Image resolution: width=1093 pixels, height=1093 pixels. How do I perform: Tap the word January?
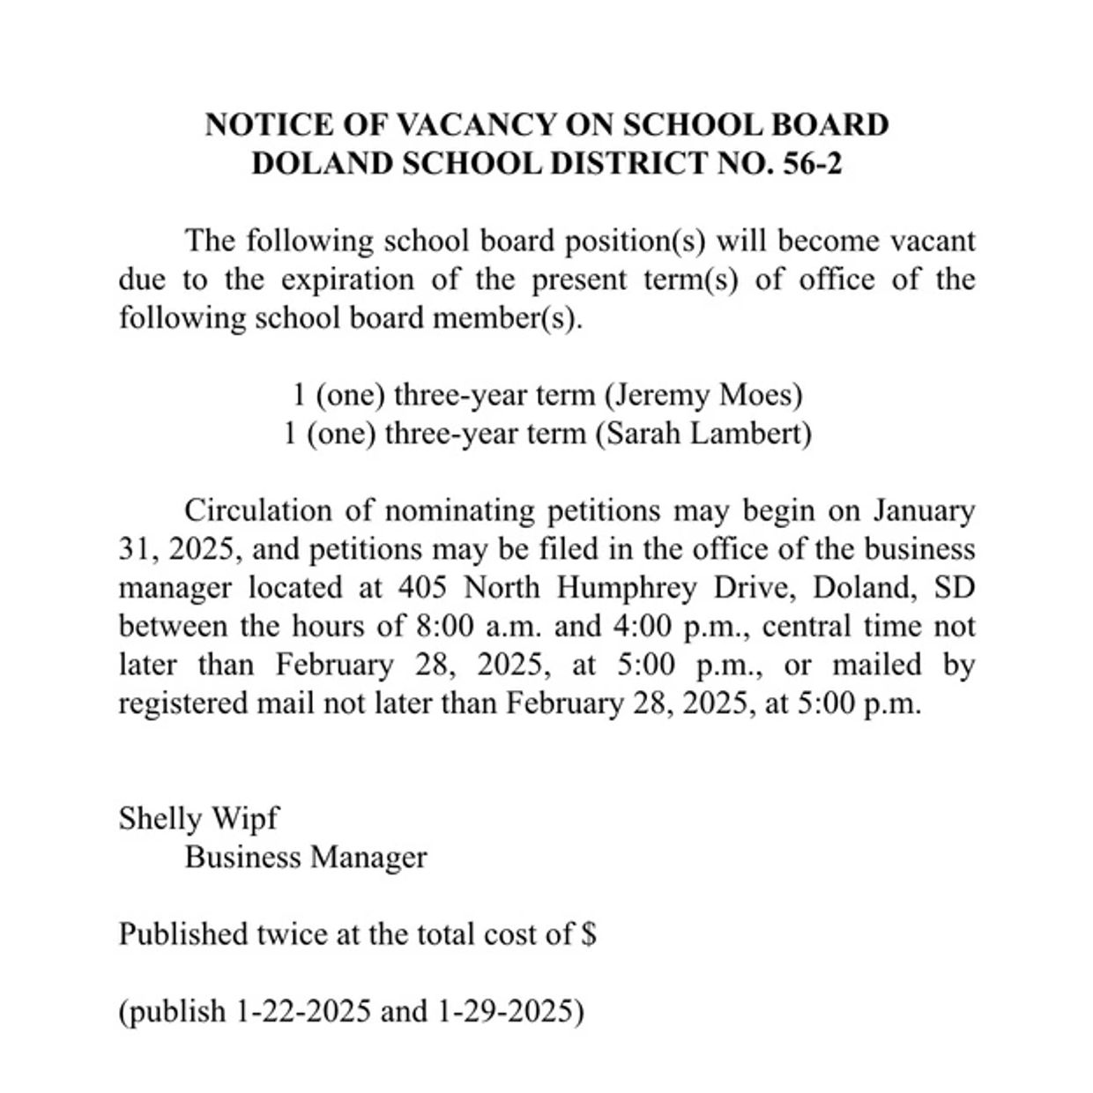tap(924, 511)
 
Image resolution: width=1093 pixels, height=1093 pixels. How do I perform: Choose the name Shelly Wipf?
tap(198, 819)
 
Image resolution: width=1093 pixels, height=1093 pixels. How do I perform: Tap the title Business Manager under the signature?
tap(306, 858)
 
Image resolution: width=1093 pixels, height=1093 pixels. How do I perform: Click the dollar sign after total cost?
tap(589, 934)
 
